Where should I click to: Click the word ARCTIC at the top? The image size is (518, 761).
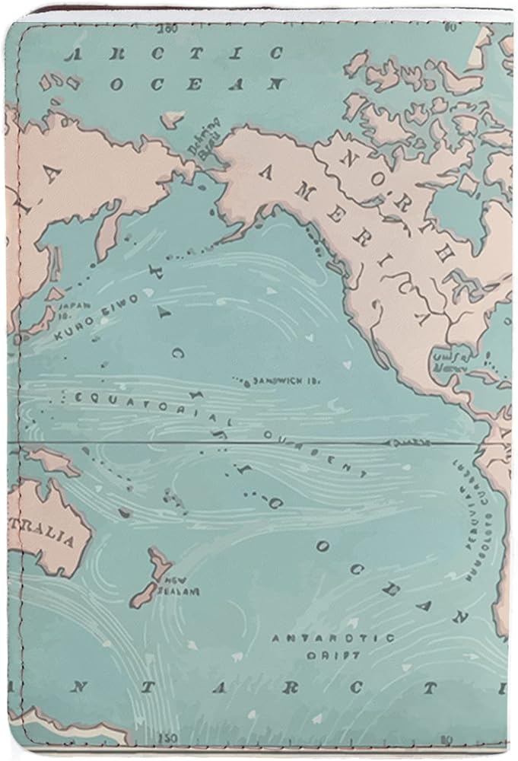click(x=174, y=54)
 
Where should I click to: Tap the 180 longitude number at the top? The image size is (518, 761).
click(x=168, y=29)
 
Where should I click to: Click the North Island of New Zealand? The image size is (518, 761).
click(x=160, y=562)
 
